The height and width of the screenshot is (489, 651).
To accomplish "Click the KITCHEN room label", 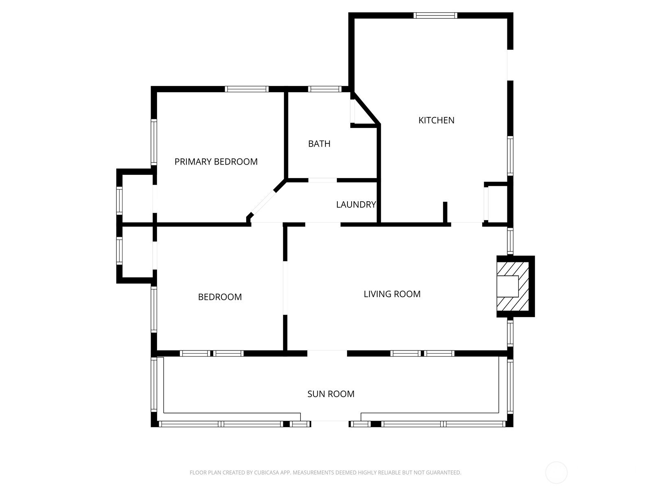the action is point(436,120).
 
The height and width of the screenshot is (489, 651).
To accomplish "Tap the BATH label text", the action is point(319,144).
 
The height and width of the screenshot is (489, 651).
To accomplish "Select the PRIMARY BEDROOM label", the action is point(216,161).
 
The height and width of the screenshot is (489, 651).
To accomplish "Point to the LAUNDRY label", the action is point(356,204).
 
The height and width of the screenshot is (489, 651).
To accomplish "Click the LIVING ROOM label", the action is point(392,294).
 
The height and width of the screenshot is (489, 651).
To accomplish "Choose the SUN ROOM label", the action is point(331,394).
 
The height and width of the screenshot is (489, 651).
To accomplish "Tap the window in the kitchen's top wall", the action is point(435,15).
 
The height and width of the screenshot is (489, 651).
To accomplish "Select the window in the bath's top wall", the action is point(325,89).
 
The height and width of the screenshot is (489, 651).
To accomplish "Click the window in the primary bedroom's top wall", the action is point(247,89).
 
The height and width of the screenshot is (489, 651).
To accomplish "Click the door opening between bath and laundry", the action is point(322,180).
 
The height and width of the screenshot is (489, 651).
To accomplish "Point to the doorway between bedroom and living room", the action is point(285,288).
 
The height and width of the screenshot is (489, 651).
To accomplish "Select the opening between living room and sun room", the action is point(327,353).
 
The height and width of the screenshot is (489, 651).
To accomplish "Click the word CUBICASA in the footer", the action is point(264,472).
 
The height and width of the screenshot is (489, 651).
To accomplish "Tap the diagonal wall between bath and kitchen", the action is point(366,109).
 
